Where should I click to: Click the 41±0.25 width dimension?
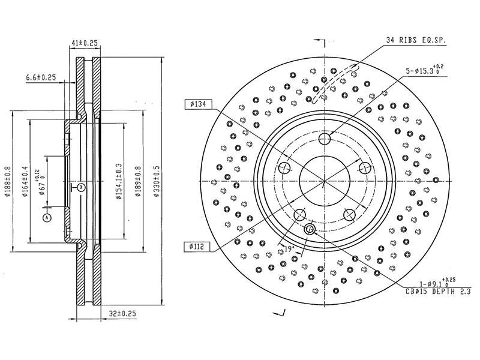pos(84,43)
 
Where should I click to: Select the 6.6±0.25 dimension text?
pos(41,77)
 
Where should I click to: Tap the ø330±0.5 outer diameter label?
pos(157,181)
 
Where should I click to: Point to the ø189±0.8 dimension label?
pos(138,181)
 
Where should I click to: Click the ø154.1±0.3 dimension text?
pos(119,181)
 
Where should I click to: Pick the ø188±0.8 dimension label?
pos(8,181)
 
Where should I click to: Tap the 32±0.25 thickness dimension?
pos(122,313)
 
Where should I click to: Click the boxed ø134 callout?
pos(198,104)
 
